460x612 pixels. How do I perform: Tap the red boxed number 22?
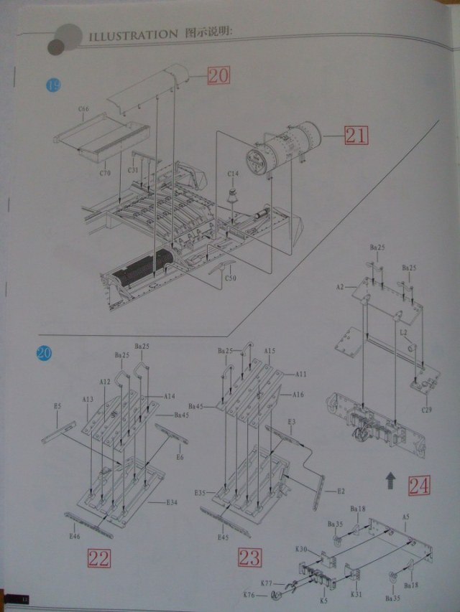(98, 558)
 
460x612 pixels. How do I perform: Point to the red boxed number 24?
(418, 487)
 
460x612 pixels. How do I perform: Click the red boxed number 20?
(218, 75)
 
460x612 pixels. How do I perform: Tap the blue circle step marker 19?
(52, 85)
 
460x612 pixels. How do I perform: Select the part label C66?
(83, 109)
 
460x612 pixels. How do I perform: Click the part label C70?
(105, 173)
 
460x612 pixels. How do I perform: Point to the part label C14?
(233, 174)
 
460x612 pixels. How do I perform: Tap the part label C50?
(230, 278)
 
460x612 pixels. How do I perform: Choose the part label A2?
(339, 286)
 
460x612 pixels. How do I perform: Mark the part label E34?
(171, 502)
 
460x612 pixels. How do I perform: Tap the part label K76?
(249, 595)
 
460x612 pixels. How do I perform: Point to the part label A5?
(406, 517)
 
